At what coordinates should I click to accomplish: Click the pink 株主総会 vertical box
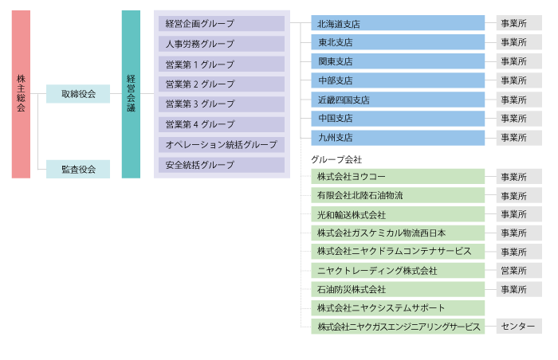21,94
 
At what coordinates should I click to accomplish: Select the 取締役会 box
78,94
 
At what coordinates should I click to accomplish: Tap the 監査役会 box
78,170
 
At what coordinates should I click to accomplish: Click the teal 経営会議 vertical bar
131,94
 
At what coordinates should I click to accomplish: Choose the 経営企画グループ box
222,23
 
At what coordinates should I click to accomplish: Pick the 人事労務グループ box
222,44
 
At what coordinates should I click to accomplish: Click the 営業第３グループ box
222,104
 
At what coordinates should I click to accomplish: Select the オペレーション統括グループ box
222,145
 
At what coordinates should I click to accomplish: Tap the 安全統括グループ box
222,165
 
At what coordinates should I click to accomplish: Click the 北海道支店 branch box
398,23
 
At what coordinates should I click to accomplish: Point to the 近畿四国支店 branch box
398,100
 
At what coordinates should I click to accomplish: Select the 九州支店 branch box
398,138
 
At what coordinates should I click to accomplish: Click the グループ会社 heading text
336,159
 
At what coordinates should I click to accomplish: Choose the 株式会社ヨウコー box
398,177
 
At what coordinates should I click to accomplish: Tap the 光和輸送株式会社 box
398,214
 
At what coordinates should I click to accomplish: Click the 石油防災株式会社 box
398,289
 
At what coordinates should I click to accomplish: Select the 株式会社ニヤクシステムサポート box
398,308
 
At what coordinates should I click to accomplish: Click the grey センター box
519,327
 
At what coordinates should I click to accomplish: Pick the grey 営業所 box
519,270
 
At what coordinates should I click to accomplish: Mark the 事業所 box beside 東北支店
519,42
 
